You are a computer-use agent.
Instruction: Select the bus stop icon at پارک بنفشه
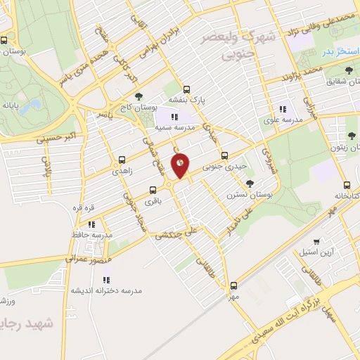(x=186, y=89)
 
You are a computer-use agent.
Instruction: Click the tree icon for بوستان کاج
(x=138, y=98)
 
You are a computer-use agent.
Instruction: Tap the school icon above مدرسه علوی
(x=283, y=109)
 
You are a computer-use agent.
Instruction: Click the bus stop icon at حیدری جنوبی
(x=224, y=155)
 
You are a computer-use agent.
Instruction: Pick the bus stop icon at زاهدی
(x=122, y=160)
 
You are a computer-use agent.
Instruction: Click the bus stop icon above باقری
(x=153, y=190)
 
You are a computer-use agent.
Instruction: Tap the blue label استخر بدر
(x=336, y=52)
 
